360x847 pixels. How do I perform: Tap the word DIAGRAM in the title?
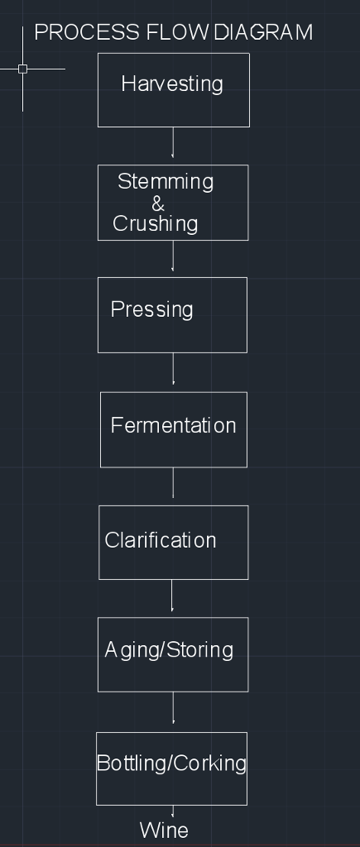[x=263, y=32]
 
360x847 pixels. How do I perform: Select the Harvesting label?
[x=172, y=84]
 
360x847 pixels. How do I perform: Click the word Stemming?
[x=166, y=182]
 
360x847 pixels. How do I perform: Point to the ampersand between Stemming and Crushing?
[x=158, y=203]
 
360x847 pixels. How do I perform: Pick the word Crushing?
[x=156, y=224]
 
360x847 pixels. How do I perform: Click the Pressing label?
[x=152, y=309]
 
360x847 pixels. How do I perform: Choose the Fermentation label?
[x=174, y=425]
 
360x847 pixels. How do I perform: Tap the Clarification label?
[x=161, y=540]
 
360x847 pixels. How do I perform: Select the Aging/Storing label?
[x=169, y=650]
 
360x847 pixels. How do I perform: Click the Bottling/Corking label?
[x=171, y=763]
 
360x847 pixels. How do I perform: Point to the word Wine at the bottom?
[x=164, y=830]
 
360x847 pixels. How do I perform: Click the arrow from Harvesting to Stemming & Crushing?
[x=173, y=142]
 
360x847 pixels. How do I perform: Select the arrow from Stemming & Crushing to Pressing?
[x=173, y=256]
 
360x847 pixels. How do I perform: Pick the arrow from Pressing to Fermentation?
[x=173, y=369]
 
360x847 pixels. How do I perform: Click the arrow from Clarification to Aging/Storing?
[x=172, y=596]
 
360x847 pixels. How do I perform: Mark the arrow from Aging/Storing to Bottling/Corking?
[x=173, y=708]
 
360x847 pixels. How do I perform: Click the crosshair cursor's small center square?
[x=22, y=69]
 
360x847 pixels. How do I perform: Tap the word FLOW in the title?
[x=177, y=32]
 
